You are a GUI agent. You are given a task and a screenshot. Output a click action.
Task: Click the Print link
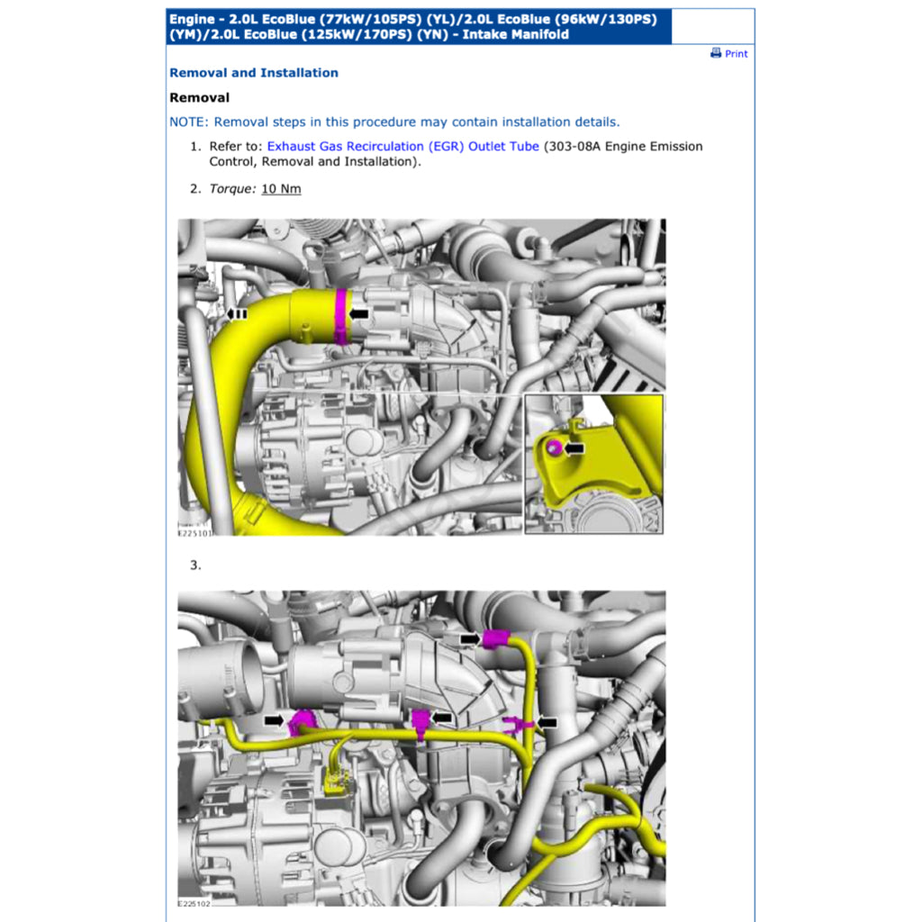pos(736,54)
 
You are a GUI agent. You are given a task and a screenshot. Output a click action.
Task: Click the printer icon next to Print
pos(716,53)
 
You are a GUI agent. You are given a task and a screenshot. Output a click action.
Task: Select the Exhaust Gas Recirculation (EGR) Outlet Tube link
pos(402,146)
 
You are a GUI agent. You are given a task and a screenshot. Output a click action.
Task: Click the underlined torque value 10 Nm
pos(281,188)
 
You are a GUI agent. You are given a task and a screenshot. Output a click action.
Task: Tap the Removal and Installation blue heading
pos(254,73)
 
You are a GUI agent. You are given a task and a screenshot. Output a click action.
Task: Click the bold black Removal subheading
pos(199,97)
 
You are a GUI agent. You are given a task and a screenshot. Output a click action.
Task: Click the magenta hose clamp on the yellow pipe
pos(341,316)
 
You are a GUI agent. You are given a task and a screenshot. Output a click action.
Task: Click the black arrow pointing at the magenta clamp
pos(359,313)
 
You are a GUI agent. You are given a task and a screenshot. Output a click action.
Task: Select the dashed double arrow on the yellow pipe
pos(238,313)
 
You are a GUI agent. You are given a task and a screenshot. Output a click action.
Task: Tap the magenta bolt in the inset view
pos(554,447)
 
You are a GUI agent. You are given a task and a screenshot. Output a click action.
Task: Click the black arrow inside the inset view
pos(574,447)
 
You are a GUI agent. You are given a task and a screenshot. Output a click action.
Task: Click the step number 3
pos(194,565)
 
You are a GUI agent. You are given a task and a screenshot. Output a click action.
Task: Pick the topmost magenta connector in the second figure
pos(495,639)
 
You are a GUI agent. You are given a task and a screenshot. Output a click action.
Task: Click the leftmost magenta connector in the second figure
pos(301,722)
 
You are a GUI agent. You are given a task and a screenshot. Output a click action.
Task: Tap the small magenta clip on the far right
pos(516,722)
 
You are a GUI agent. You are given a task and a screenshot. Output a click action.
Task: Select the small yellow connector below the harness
pos(336,782)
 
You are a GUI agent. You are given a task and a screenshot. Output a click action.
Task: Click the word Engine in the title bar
pos(192,19)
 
